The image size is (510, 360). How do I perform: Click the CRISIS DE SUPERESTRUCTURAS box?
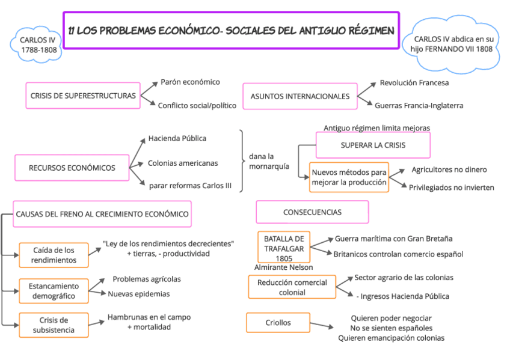coord(83,96)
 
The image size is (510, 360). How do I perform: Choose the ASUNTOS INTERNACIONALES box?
coord(300,96)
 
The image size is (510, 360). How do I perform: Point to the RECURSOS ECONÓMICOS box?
coord(72,168)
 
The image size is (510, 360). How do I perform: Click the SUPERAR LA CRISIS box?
coord(373,145)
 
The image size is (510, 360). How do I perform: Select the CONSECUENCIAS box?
coord(312,212)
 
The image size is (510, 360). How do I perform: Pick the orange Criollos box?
coord(278,323)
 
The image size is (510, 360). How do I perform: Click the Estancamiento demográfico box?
coord(54,291)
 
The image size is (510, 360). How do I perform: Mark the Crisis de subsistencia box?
coord(54,325)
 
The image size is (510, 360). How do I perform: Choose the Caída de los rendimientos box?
coord(54,255)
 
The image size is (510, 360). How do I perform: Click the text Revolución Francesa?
coord(414,83)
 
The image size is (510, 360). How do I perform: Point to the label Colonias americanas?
coord(183,163)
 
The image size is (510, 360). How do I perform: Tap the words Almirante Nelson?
coord(284,267)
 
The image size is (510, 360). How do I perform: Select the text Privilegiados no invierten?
coord(451,188)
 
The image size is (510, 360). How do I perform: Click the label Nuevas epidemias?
coord(138,294)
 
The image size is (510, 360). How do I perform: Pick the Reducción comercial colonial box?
coord(292,287)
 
